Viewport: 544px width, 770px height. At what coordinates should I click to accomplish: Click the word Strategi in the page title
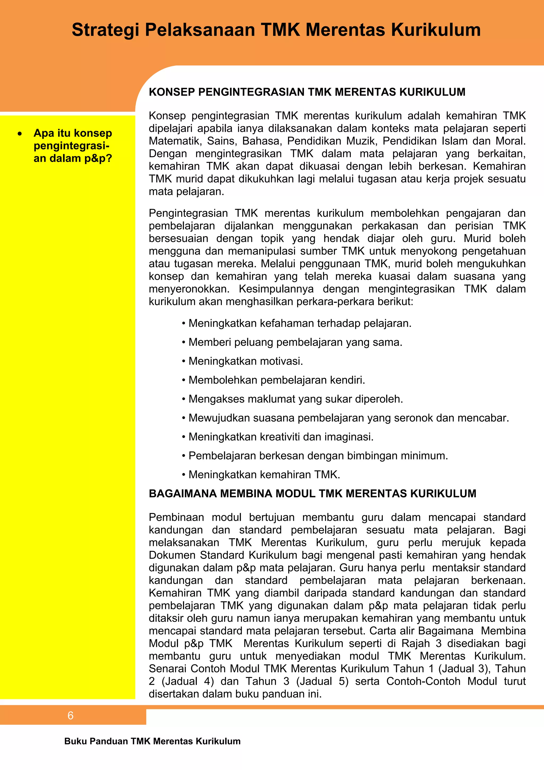[x=105, y=30]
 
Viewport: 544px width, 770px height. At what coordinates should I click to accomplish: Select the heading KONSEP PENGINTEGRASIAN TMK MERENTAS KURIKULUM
[x=307, y=92]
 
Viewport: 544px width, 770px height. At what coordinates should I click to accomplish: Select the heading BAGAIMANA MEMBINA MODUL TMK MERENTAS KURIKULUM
[x=312, y=493]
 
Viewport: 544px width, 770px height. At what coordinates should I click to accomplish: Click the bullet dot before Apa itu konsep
[x=20, y=133]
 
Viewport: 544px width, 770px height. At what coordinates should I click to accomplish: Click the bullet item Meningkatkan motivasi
[x=245, y=361]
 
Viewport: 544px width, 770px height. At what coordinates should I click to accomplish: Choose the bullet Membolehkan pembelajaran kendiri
[x=277, y=380]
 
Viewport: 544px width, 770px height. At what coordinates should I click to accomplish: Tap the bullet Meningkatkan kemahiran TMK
[x=264, y=475]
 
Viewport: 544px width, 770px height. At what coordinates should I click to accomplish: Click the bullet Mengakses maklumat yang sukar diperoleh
[x=295, y=399]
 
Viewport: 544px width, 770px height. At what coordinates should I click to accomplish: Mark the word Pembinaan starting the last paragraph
[x=176, y=517]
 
